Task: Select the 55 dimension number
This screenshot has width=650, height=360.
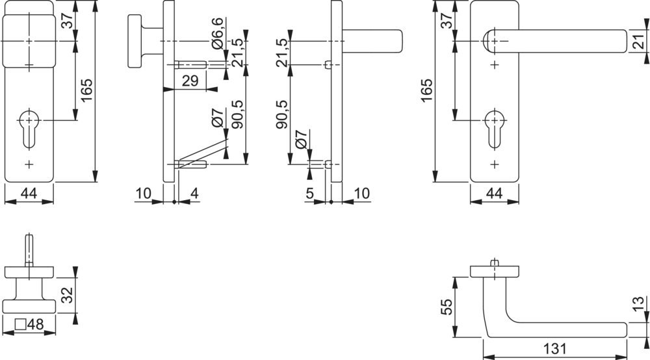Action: click(447, 307)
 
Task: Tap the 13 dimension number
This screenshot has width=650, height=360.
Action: click(639, 303)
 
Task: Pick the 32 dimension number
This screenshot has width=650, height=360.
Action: click(67, 295)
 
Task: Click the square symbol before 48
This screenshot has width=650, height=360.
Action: click(20, 324)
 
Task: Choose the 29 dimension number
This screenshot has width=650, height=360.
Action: click(190, 81)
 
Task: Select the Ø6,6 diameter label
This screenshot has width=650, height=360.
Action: click(217, 33)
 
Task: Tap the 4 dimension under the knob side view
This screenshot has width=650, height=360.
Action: click(194, 194)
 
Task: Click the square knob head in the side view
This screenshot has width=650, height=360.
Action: click(135, 41)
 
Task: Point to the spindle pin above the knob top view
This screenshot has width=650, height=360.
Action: click(29, 250)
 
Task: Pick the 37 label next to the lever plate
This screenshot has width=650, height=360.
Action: click(446, 20)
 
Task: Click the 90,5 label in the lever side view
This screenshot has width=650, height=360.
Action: click(282, 114)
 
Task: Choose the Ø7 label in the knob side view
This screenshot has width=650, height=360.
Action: click(217, 117)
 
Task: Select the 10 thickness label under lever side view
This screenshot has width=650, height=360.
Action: click(361, 194)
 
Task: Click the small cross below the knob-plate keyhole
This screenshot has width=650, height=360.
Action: click(29, 164)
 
